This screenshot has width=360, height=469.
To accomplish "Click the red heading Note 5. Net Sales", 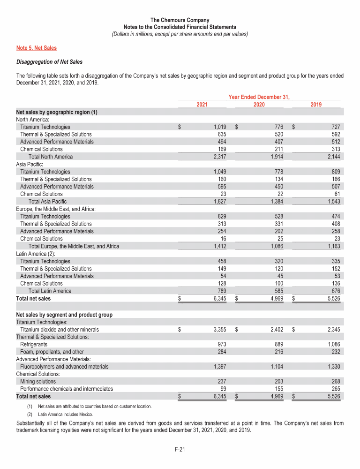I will click(x=37, y=48).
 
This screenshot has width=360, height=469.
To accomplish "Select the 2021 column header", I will click(x=202, y=105).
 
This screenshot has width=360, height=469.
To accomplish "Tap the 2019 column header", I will click(x=316, y=105).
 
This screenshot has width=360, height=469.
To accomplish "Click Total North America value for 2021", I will click(x=218, y=157).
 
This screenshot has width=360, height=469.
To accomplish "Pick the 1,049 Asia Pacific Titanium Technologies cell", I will click(x=218, y=172).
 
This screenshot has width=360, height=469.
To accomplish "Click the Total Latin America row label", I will click(x=50, y=291).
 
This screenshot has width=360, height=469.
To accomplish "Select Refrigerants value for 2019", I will click(x=332, y=344).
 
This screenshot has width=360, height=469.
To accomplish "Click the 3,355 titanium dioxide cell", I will click(x=218, y=330).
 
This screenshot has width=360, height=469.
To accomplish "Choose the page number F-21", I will click(x=180, y=450).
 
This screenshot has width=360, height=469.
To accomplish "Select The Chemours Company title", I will click(x=180, y=20).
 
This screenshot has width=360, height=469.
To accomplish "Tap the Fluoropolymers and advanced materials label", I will click(x=64, y=366).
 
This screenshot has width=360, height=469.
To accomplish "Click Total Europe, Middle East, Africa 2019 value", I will click(x=332, y=246).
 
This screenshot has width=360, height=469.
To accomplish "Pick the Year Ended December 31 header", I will click(x=259, y=97).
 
